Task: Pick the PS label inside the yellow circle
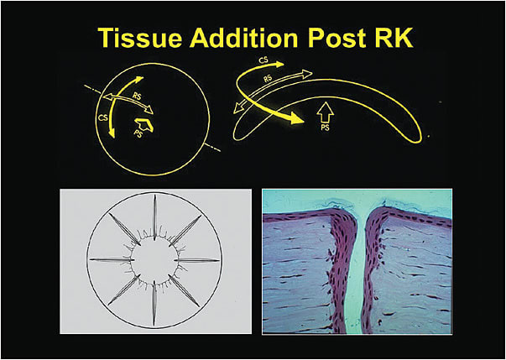[138, 132]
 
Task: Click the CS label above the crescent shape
[263, 60]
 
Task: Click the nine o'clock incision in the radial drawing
[109, 259]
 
